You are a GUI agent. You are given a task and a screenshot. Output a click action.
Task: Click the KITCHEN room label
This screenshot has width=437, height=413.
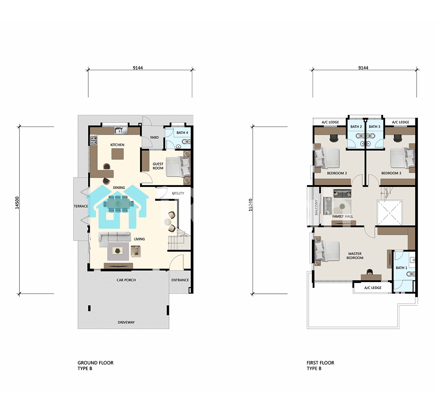click(x=117, y=145)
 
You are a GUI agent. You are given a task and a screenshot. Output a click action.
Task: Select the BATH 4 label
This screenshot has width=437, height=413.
click(x=182, y=133)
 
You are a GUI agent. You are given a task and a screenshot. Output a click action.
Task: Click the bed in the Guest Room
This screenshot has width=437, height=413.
click(x=178, y=167)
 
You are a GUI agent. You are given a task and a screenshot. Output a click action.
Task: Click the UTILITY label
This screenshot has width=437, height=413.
click(x=178, y=193)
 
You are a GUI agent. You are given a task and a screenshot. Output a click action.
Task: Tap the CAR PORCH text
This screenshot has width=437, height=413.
click(x=126, y=280)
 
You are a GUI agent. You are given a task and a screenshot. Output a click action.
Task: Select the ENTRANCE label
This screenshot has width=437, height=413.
click(x=180, y=280)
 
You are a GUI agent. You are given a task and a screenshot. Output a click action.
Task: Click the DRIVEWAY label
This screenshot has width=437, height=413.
click(x=126, y=322)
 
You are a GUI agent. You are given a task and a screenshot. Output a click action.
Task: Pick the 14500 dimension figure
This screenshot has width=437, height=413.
click(x=17, y=203)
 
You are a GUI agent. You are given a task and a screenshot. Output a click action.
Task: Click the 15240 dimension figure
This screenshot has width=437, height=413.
click(x=250, y=205)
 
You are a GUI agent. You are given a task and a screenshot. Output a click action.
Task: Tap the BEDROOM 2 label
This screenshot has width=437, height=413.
click(x=337, y=173)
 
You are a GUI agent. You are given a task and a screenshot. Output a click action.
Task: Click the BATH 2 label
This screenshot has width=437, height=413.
click(x=356, y=127)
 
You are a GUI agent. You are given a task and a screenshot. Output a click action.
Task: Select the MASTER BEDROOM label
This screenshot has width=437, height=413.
click(x=355, y=256)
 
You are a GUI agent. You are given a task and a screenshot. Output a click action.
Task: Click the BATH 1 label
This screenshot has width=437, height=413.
click(x=401, y=268)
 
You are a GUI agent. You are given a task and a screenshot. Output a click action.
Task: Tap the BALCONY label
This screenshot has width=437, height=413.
click(x=316, y=207)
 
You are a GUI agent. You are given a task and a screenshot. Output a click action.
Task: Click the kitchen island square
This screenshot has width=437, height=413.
click(x=117, y=154)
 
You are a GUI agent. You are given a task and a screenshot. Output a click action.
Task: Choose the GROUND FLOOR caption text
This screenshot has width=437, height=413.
click(x=96, y=363)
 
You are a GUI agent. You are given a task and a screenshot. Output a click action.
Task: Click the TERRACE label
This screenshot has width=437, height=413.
click(x=81, y=206)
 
